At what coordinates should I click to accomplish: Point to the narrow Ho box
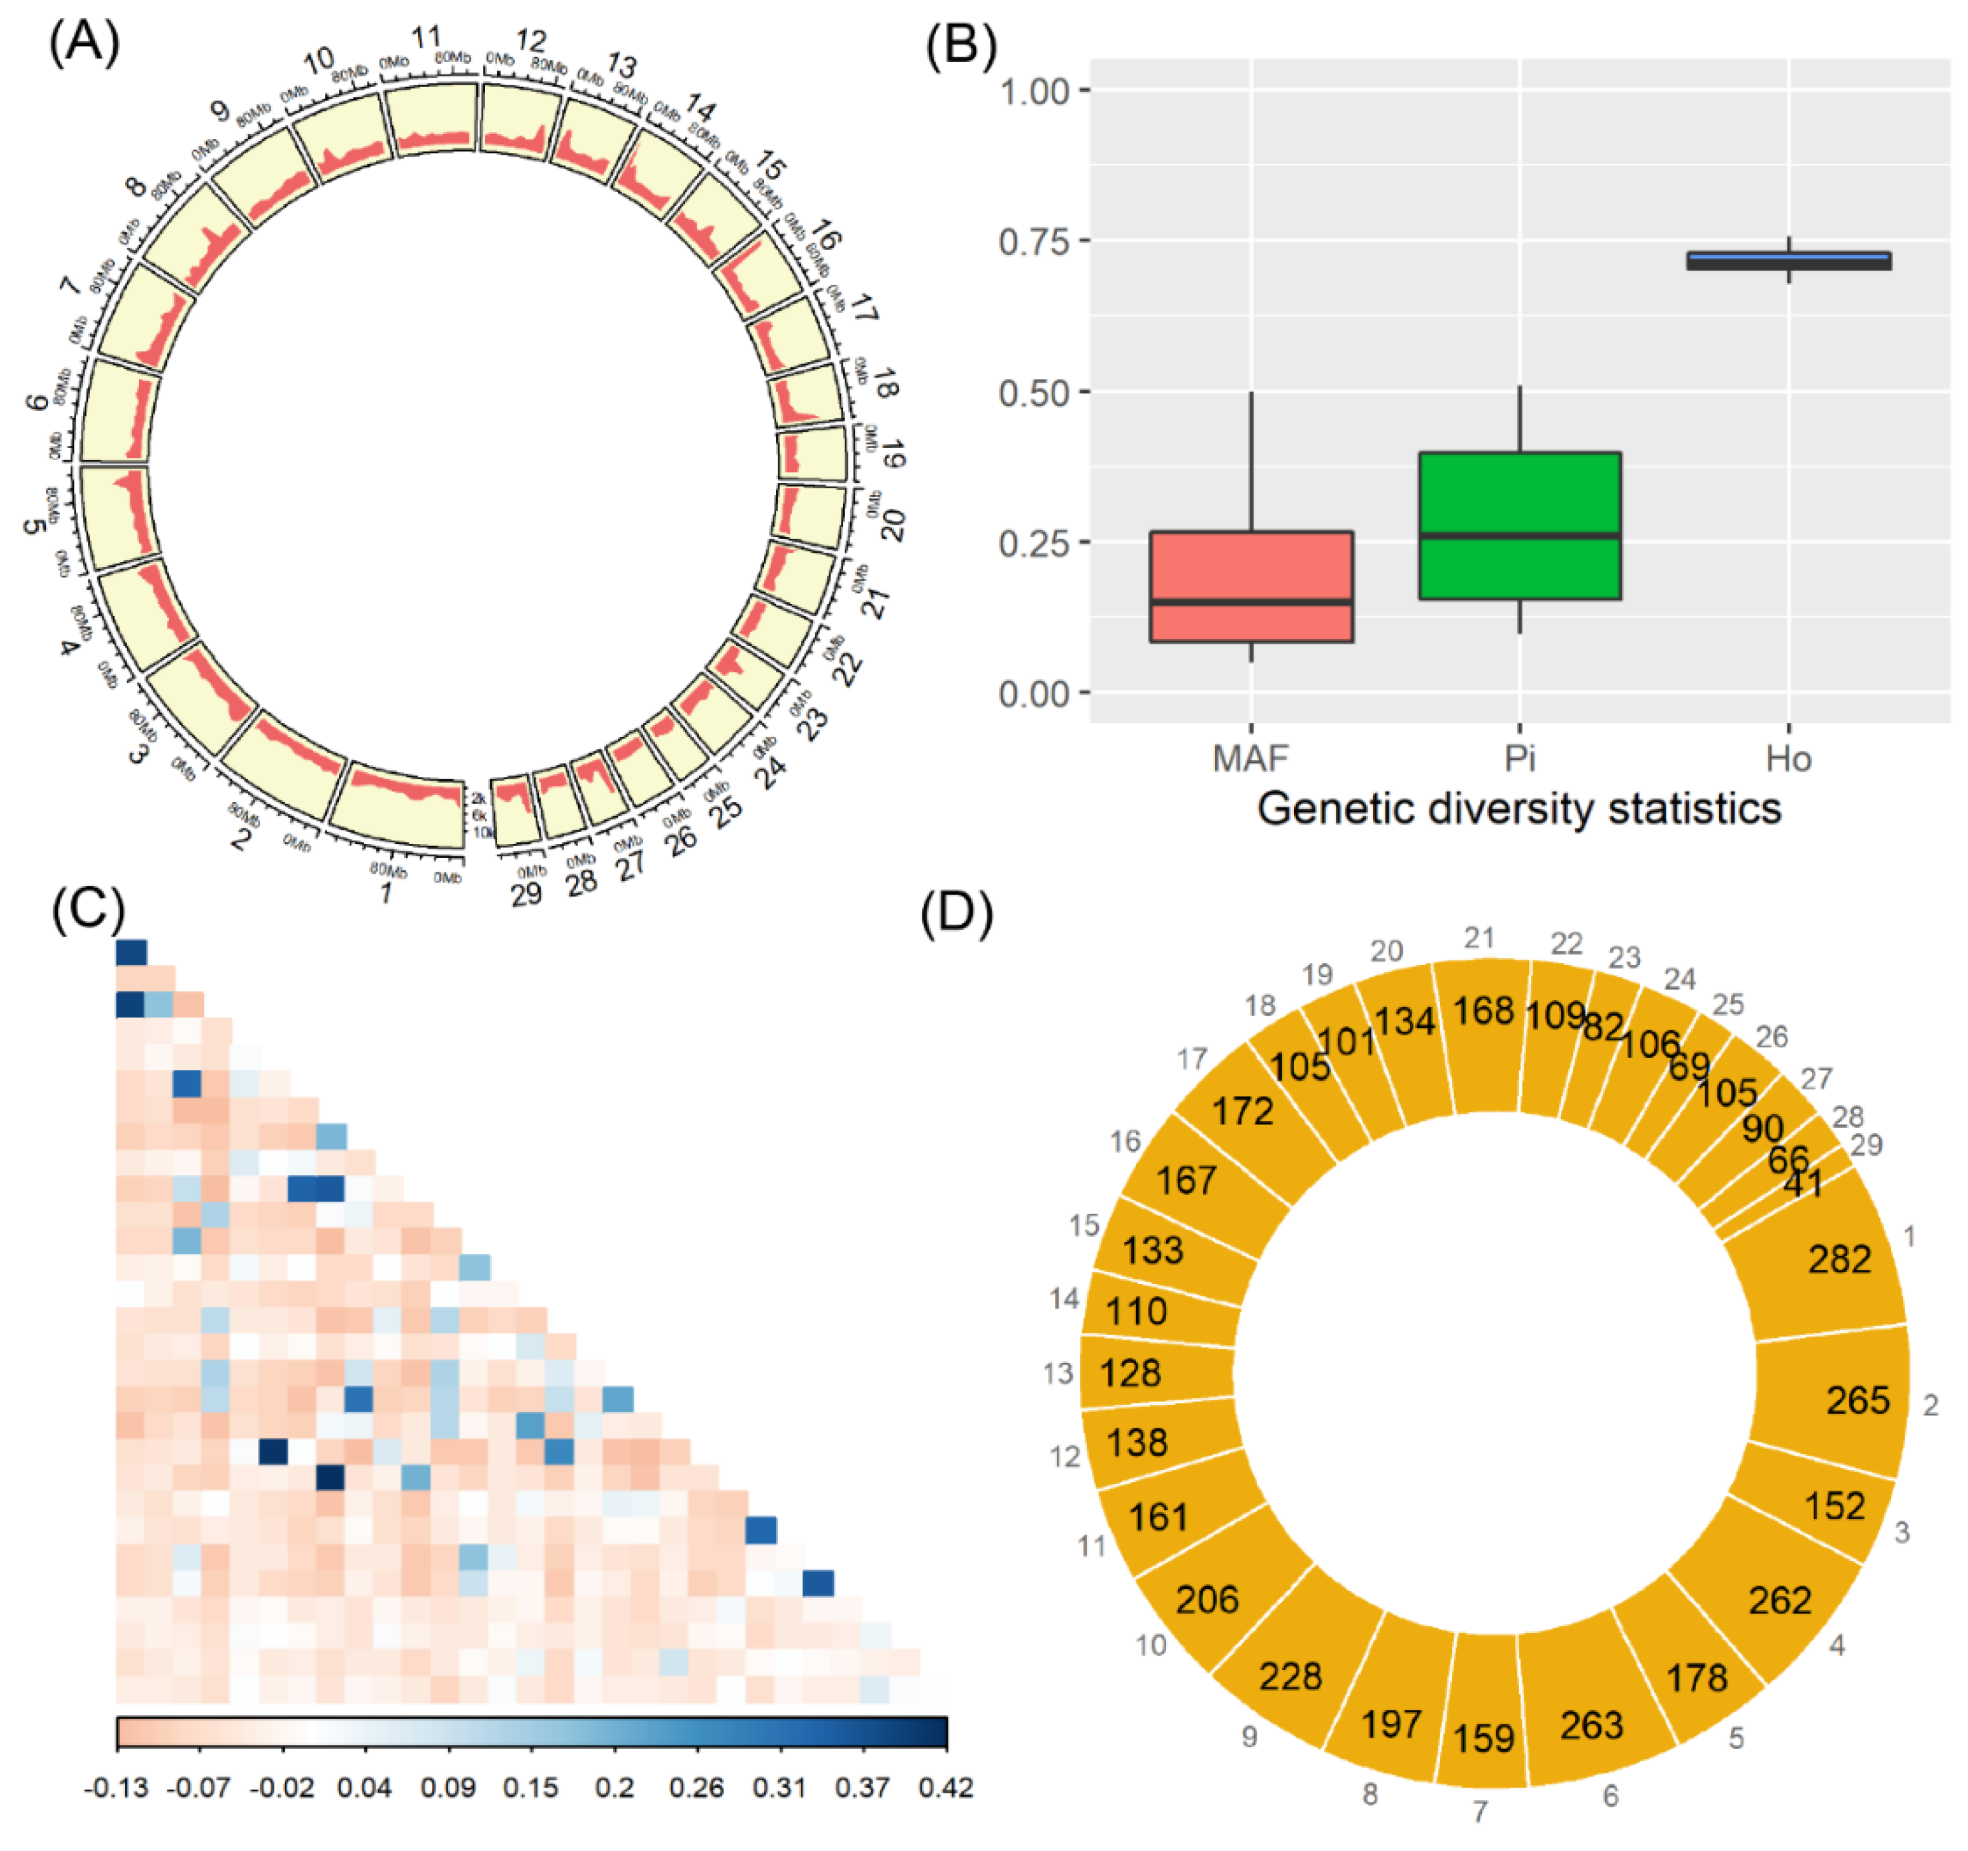[x=1789, y=260]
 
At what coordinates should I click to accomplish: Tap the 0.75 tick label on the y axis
[x=1034, y=241]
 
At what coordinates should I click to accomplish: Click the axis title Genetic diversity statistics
[x=1519, y=809]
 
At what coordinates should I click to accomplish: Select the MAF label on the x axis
[x=1251, y=759]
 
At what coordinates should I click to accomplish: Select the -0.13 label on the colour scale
[x=117, y=1788]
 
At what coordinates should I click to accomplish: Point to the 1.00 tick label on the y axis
[x=1034, y=91]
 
